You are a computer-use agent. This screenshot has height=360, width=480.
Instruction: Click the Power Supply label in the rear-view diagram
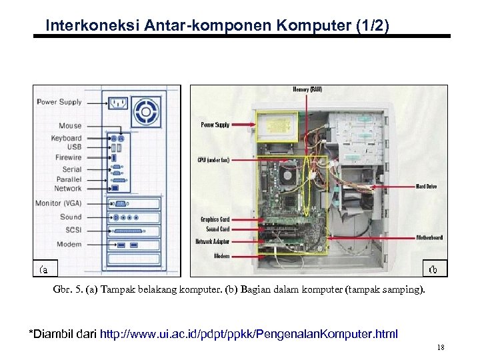point(59,102)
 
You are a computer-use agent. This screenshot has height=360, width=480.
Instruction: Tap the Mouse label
point(70,125)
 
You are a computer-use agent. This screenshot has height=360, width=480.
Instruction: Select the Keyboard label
point(66,138)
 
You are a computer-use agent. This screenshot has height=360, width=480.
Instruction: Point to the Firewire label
point(68,157)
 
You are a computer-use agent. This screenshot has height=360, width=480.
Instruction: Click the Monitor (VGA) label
point(59,203)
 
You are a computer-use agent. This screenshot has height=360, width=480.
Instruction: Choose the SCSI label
point(73,230)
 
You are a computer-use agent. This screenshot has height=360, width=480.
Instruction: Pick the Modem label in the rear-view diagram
point(69,244)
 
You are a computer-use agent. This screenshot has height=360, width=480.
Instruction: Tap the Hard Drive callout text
point(426,187)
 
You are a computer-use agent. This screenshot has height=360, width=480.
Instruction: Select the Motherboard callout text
point(429,237)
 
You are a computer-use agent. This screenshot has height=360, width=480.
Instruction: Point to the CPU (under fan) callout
point(213,160)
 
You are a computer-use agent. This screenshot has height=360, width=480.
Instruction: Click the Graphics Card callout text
point(215,219)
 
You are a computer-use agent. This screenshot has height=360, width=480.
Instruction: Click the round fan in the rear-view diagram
point(146,110)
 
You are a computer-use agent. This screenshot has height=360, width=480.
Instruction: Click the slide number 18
point(440,348)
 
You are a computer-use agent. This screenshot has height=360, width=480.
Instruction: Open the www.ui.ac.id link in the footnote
point(248,333)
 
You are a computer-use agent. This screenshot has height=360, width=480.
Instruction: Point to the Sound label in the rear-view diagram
point(71,217)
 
